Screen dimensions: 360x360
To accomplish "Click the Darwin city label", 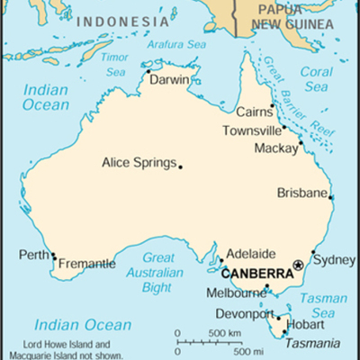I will (169, 79).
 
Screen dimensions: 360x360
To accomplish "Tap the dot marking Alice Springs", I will (180, 166).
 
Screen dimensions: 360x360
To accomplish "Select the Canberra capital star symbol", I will (299, 264).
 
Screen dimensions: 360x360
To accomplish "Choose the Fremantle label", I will (86, 265).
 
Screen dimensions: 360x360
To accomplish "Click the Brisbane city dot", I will (331, 198).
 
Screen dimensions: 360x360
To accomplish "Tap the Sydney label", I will (338, 260).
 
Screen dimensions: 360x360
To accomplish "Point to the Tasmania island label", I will (311, 343).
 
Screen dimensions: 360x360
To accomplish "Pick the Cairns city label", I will (254, 112).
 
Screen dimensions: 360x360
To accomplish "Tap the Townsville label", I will (253, 131).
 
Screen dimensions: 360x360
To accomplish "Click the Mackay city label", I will (274, 148).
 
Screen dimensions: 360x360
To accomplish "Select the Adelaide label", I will (251, 254).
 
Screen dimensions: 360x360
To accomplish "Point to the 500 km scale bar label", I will (226, 334).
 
